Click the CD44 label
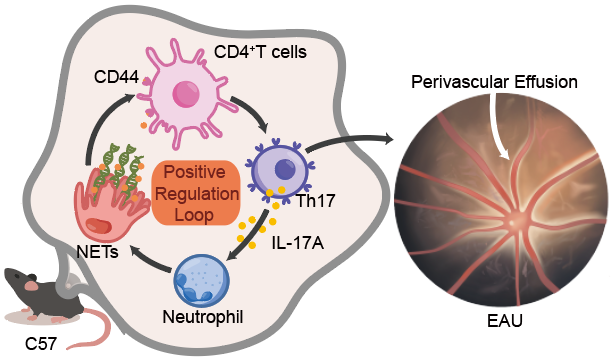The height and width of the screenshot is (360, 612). point(116,77)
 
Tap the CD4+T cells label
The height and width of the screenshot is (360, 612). point(260,52)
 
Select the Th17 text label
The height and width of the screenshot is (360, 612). point(316,201)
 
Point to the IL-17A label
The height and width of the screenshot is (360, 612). point(298,243)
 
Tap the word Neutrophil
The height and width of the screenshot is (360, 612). point(203,317)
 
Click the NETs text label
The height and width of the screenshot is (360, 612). point(98,252)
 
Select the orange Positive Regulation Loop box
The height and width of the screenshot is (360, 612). point(196,193)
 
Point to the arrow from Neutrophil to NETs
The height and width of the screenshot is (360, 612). point(151,260)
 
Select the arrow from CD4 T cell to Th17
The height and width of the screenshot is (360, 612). point(253,112)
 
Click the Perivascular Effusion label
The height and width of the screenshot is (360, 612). point(495,82)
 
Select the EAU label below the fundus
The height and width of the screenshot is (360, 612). point(505,321)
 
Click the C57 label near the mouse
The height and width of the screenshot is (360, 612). point(41,344)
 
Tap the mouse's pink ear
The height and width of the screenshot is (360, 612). point(32,286)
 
